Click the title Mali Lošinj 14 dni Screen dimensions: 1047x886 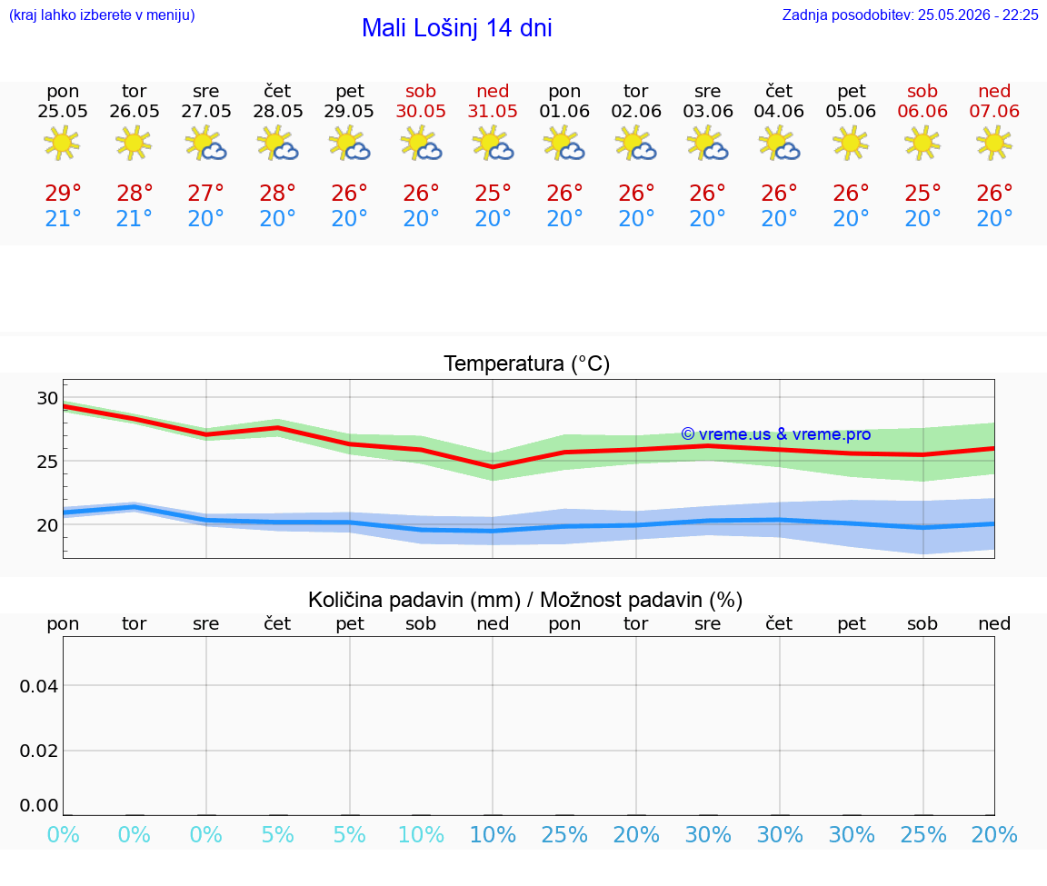[457, 28]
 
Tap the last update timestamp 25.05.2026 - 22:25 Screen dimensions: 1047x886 [978, 15]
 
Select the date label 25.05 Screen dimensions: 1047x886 [63, 112]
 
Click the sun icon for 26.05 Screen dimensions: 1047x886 [134, 143]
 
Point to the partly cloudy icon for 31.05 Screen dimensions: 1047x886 [493, 144]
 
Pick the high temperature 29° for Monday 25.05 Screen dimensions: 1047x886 [63, 193]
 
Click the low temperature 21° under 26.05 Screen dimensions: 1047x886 [134, 218]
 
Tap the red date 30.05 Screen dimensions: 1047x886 [421, 112]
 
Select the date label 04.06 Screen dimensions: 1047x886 [779, 112]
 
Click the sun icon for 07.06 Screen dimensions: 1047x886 [994, 143]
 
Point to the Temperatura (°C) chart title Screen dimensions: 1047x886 [527, 363]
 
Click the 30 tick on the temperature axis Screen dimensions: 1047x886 [47, 399]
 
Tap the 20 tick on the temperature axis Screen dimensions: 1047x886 [47, 525]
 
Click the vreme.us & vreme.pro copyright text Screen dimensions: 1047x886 [776, 434]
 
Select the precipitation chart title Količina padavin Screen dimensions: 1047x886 [414, 600]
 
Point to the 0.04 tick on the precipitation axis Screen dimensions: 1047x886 [39, 686]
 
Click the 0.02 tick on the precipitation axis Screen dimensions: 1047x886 [39, 751]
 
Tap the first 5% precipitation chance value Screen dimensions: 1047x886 [278, 835]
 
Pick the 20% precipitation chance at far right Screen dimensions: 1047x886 [994, 835]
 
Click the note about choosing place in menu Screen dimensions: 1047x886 [102, 15]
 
